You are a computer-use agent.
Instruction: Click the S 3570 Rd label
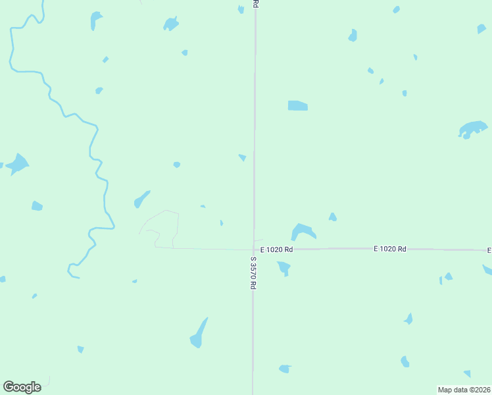point(253,273)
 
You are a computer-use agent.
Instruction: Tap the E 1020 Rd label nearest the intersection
point(276,250)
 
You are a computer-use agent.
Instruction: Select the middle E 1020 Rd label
point(390,249)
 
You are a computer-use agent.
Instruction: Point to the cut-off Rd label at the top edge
point(255,3)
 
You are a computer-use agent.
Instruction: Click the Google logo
point(22,387)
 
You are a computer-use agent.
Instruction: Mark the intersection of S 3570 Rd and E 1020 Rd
point(254,250)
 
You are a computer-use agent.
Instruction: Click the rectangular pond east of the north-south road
point(297,105)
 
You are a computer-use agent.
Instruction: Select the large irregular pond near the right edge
point(472,128)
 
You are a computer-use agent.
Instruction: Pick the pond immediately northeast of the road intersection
point(303,232)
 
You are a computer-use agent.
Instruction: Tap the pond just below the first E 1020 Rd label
point(284,267)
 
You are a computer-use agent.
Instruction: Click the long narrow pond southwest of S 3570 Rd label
point(199,334)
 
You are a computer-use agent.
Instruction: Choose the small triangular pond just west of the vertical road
point(243,157)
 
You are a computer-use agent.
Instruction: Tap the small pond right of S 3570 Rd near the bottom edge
point(285,369)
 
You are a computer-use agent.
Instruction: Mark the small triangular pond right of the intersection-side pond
point(333,217)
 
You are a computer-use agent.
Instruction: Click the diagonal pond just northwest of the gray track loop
point(141,199)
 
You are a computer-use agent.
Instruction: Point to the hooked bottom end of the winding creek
point(71,271)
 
